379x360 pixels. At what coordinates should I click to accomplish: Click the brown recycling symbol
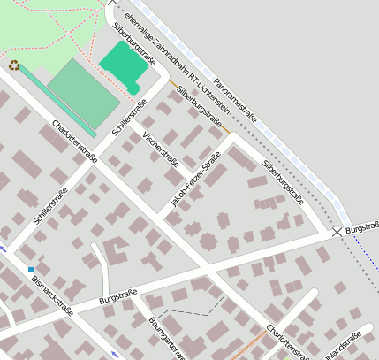(14, 65)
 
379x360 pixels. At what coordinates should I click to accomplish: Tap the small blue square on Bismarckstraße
(31, 269)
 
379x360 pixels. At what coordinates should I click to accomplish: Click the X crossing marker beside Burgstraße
(337, 232)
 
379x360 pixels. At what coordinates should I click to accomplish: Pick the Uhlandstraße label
(344, 347)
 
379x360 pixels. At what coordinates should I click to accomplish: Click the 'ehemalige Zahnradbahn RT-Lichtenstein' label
(177, 58)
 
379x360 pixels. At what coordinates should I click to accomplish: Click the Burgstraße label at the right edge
(362, 227)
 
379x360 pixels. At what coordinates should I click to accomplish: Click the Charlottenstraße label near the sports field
(75, 142)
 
